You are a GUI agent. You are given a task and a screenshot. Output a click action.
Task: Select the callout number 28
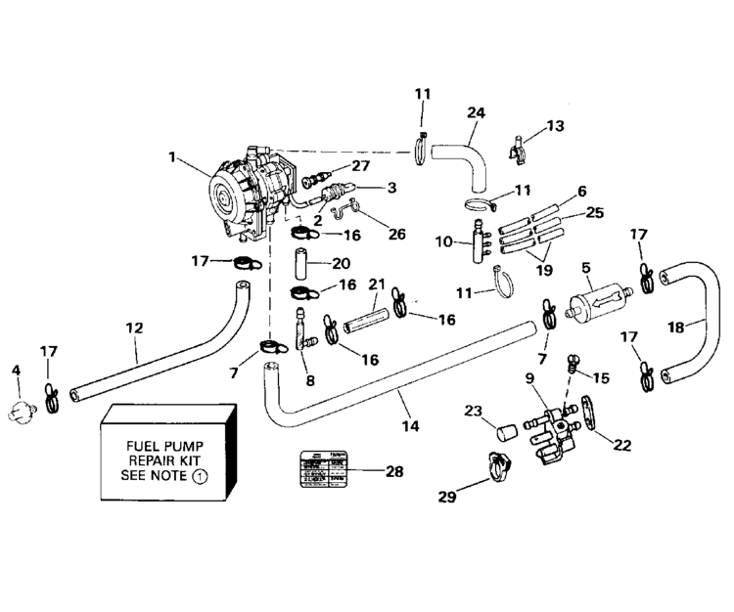(394, 472)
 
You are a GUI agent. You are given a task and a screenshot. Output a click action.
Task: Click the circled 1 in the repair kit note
(199, 477)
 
